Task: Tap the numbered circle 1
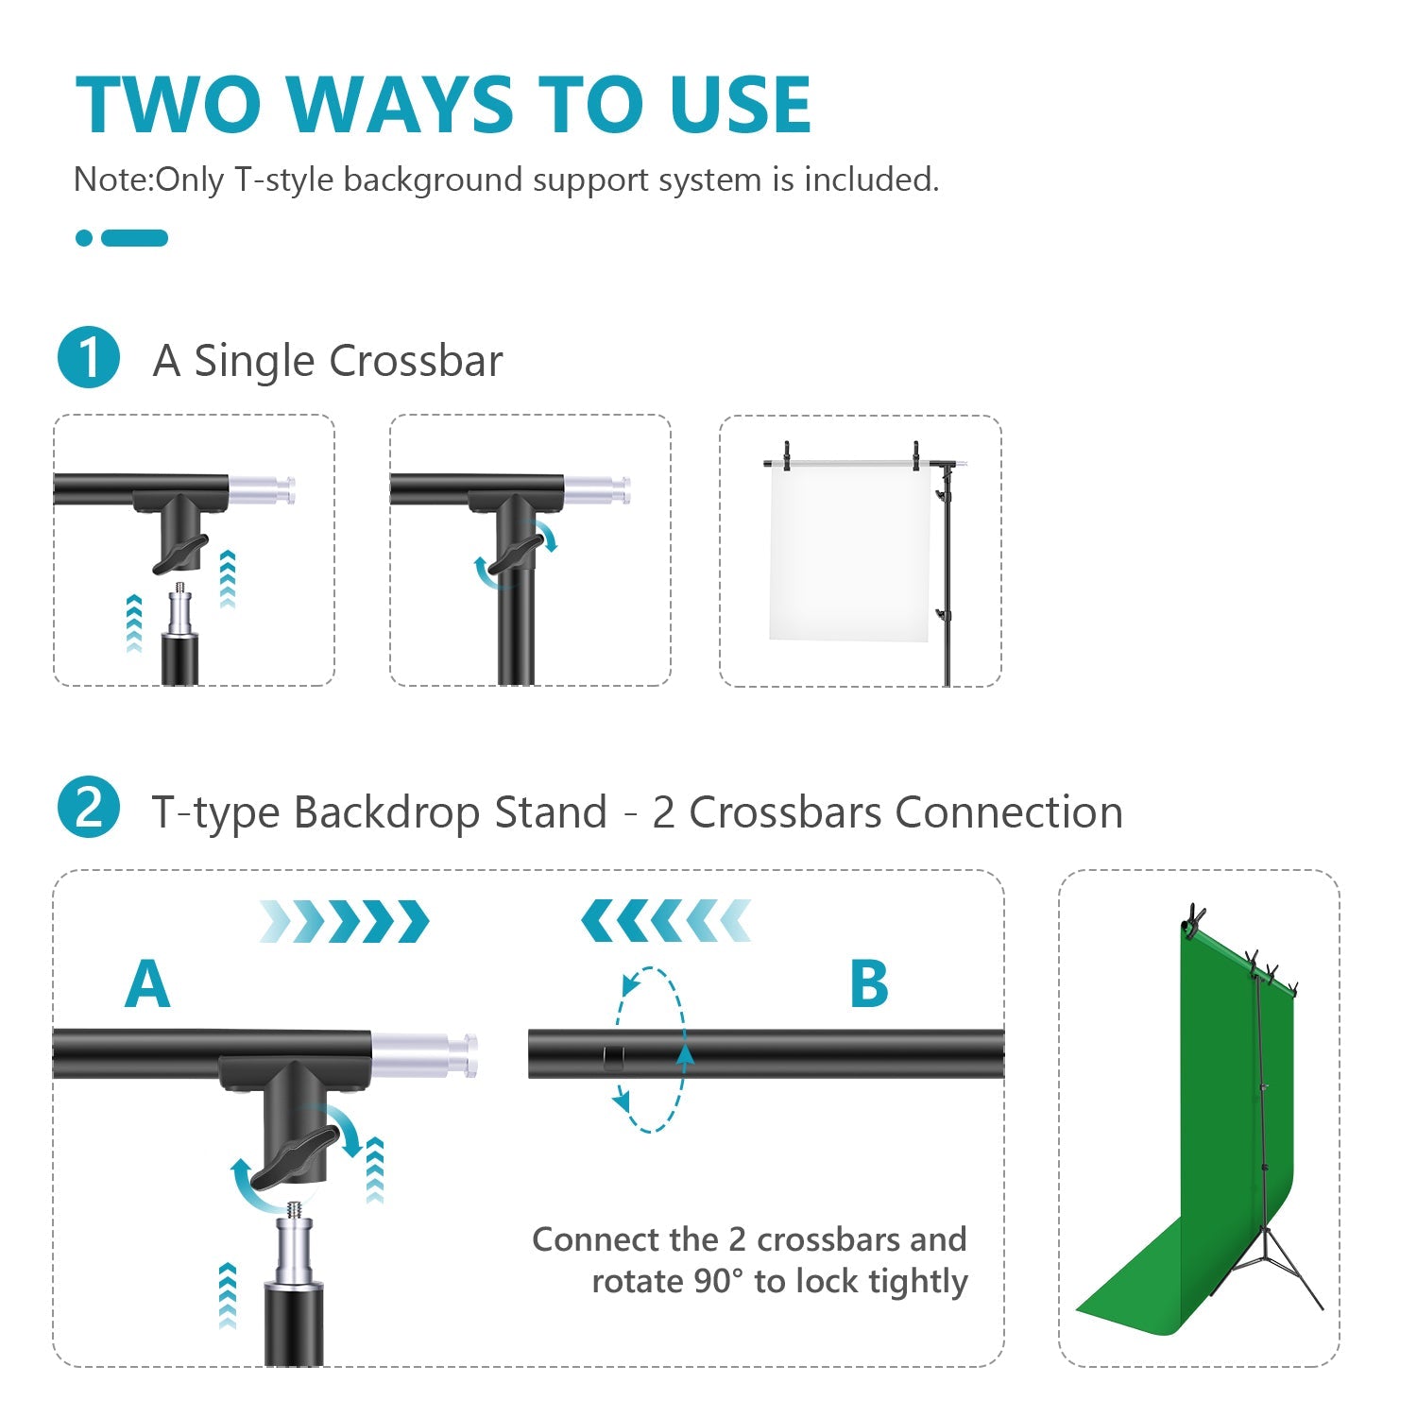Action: [89, 358]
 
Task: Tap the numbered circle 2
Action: [89, 809]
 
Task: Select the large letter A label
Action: [147, 984]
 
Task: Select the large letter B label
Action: [869, 984]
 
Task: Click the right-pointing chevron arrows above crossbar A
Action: [345, 921]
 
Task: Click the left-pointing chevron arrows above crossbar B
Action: [666, 921]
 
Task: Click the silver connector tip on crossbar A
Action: [425, 1055]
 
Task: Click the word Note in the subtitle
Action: [111, 179]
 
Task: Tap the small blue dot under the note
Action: [84, 238]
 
